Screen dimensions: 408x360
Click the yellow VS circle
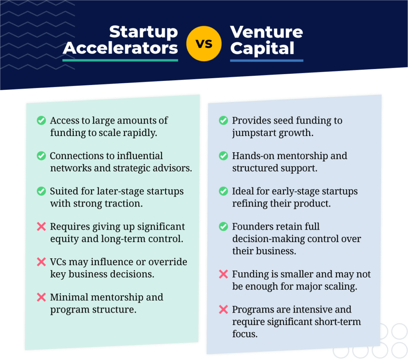coord(204,43)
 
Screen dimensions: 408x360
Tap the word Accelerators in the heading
coord(120,48)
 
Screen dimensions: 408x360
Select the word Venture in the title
coord(267,32)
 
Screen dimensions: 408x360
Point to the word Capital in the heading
coord(262,49)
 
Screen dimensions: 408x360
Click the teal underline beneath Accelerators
coord(120,60)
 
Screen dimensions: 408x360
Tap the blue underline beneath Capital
coord(267,61)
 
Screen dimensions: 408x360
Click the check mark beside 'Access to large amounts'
coord(41,120)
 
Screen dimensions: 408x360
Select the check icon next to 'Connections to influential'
coord(41,156)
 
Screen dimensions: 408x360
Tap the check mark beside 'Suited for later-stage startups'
coord(41,191)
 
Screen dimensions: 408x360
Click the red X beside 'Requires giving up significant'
coord(41,226)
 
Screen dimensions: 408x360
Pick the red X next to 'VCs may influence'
coord(41,262)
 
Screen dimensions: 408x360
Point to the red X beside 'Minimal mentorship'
coord(41,297)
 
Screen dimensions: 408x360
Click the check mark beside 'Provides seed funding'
coord(224,120)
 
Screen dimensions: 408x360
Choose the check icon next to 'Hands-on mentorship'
coord(224,156)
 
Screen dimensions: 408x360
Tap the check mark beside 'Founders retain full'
coord(224,226)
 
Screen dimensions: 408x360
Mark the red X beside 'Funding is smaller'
coord(224,274)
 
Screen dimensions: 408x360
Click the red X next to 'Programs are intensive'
coord(224,309)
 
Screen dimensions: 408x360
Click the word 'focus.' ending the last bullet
coord(245,334)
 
